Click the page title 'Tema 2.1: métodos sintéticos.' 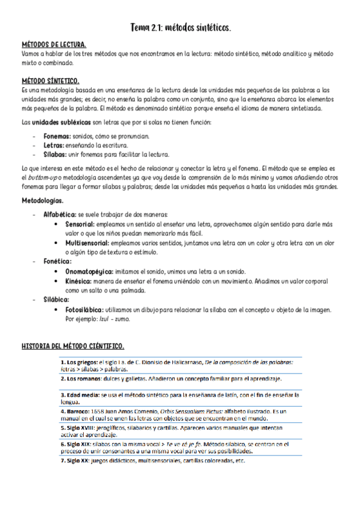pos(181,28)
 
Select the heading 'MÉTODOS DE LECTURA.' pos(54,45)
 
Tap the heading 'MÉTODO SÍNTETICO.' pos(51,80)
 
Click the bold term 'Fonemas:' pos(57,136)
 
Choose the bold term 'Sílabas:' pos(55,154)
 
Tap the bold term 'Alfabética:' pos(60,214)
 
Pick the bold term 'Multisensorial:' pos(87,243)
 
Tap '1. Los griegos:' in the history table pos(80,362)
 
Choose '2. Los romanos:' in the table pos(81,379)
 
